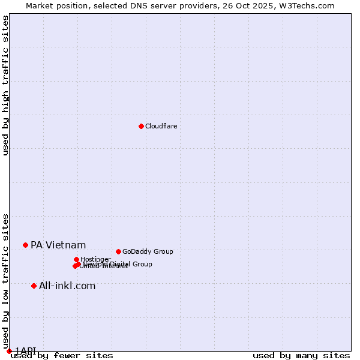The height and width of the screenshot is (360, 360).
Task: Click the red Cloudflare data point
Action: click(141, 126)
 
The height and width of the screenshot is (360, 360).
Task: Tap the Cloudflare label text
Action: click(161, 126)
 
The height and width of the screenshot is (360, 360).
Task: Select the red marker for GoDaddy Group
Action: click(118, 251)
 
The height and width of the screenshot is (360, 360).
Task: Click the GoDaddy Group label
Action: click(148, 251)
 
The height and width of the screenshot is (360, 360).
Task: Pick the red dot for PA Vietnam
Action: click(25, 245)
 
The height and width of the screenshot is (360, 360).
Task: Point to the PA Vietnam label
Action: click(58, 245)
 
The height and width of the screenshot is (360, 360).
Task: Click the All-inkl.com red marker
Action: click(34, 286)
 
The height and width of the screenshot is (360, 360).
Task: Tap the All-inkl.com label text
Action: click(67, 286)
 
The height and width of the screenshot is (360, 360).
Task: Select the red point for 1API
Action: click(9, 351)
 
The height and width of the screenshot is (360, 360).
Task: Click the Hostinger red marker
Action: click(76, 259)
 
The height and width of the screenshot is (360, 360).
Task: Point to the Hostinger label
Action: click(95, 259)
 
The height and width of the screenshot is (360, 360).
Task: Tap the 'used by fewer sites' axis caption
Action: click(62, 355)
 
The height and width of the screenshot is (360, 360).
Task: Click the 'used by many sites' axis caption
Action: click(301, 355)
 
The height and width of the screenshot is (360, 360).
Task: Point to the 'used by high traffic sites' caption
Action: click(5, 85)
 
